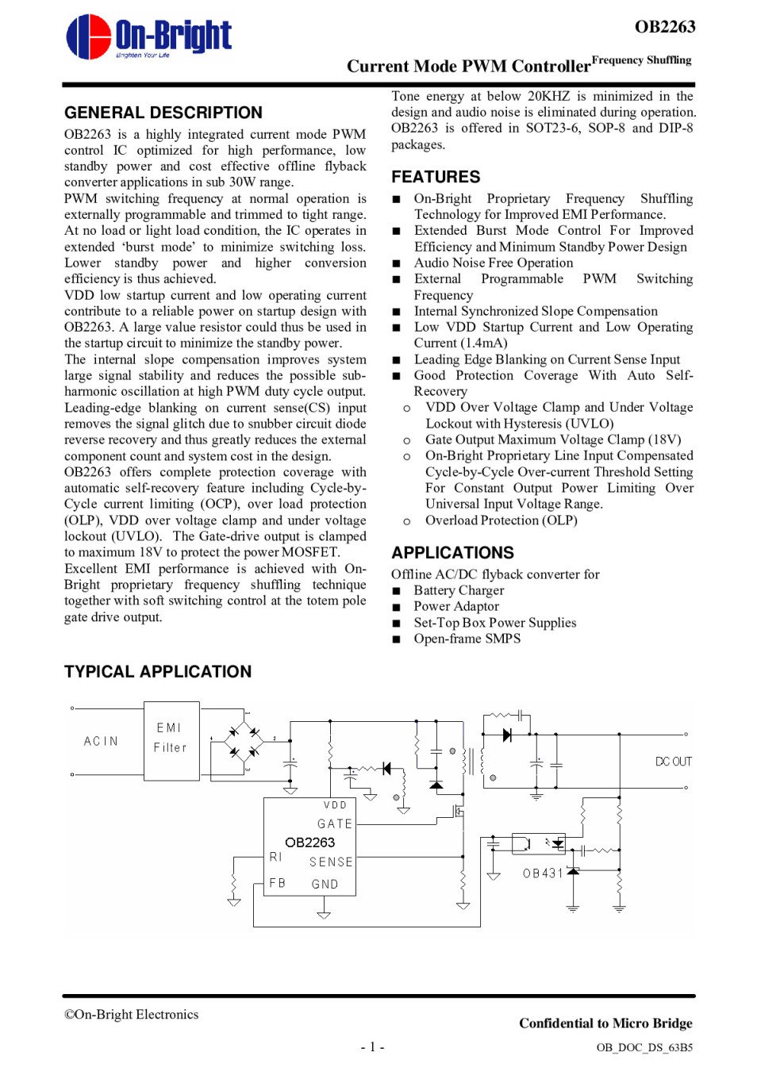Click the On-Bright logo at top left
(148, 36)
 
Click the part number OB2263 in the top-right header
(664, 27)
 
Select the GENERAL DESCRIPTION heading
(163, 113)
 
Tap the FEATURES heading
(436, 177)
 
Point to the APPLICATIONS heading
(452, 553)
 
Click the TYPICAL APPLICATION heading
(158, 672)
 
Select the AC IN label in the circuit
(101, 741)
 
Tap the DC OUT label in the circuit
(673, 762)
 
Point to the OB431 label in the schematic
(543, 873)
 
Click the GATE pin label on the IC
(334, 824)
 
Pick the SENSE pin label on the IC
(331, 862)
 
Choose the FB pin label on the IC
(277, 883)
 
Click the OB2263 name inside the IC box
(309, 843)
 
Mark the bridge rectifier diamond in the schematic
(243, 742)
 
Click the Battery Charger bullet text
(459, 590)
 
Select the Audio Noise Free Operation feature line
(493, 263)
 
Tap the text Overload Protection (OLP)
(501, 520)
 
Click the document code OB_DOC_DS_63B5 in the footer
(644, 1047)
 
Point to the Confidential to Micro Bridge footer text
(605, 1023)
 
